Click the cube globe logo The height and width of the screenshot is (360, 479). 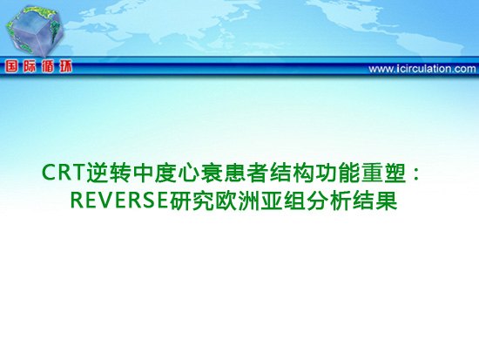34,32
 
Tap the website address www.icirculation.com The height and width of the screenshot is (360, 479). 422,69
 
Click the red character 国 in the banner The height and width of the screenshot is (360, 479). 11,66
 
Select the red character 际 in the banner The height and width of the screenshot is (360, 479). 30,66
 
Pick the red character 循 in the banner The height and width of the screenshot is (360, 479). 48,66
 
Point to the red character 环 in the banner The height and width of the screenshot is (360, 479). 65,66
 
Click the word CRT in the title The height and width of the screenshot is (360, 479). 63,173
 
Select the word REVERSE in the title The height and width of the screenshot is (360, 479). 120,200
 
